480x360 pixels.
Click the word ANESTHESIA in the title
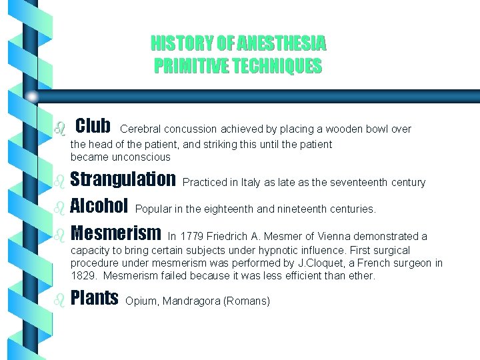pyautogui.click(x=285, y=45)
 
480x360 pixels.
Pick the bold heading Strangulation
pyautogui.click(x=123, y=180)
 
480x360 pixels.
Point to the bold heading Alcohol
pyautogui.click(x=99, y=207)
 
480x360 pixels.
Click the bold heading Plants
pyautogui.click(x=94, y=299)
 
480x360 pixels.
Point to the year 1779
pyautogui.click(x=193, y=237)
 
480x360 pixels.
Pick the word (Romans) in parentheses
pyautogui.click(x=247, y=301)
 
